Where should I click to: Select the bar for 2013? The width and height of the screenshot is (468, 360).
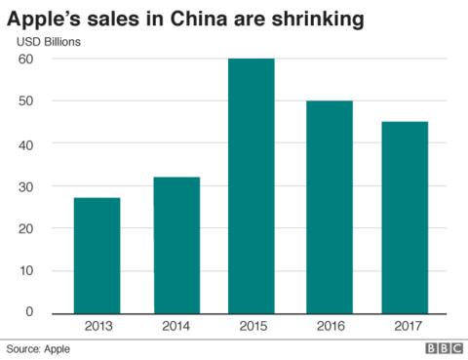(x=97, y=256)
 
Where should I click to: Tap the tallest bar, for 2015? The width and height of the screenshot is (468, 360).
(x=251, y=185)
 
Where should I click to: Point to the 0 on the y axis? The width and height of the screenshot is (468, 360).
(x=29, y=312)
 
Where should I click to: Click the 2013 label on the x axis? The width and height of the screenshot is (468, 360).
(x=97, y=326)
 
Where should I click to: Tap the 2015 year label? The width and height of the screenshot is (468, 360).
(x=251, y=326)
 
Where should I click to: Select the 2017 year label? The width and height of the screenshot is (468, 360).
(x=404, y=326)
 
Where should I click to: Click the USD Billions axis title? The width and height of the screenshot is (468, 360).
(x=48, y=42)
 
